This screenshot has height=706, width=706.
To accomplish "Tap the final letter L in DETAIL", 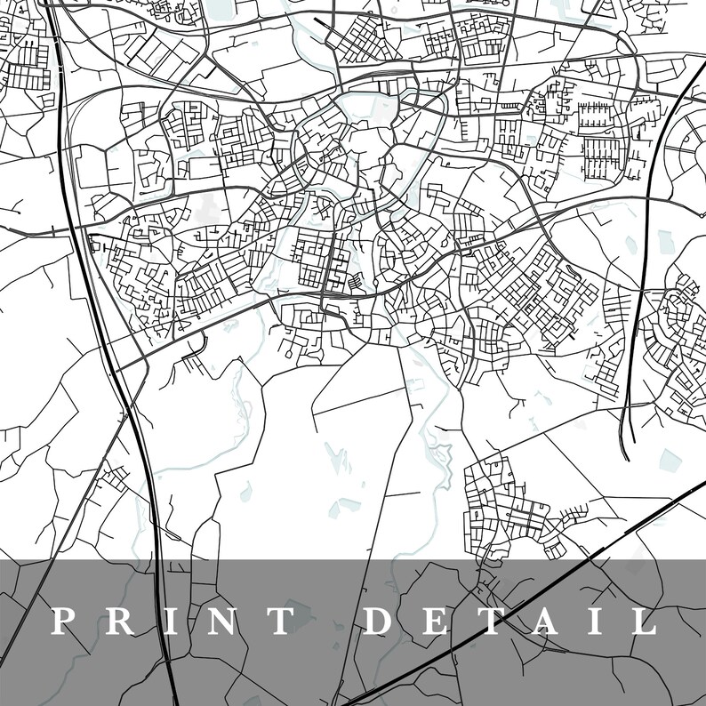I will (x=642, y=621).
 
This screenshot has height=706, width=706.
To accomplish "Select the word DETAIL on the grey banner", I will (x=511, y=621).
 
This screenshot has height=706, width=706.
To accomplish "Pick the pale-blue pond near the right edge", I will (x=669, y=460).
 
